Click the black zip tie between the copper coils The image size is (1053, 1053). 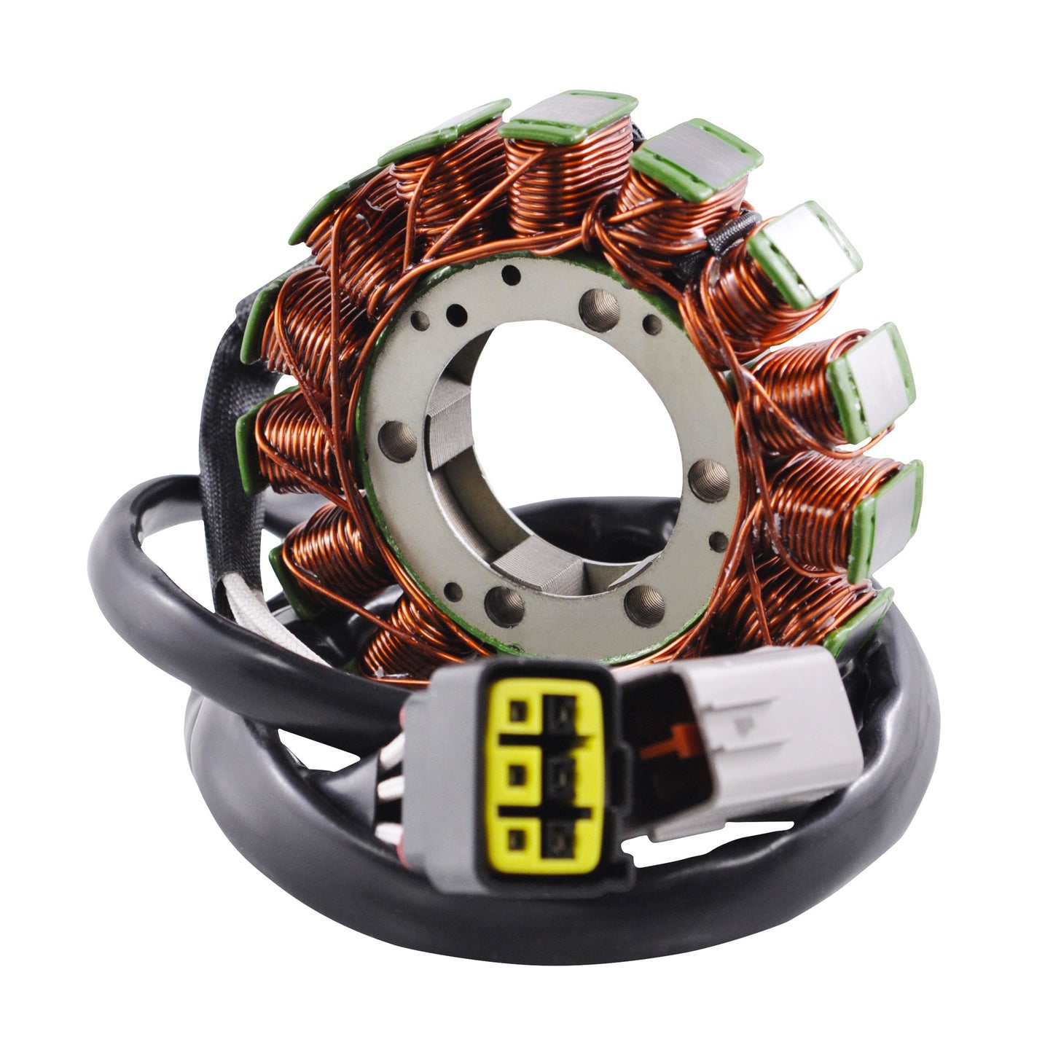(x=711, y=248)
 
